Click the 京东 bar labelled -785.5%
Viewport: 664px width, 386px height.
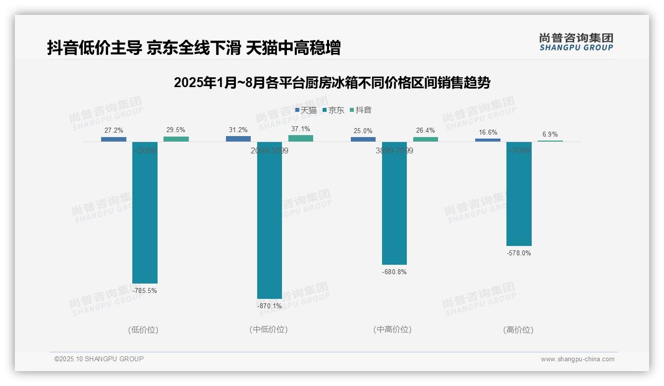point(145,212)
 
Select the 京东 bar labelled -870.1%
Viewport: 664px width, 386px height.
point(269,220)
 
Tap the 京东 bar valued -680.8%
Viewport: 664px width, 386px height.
point(394,203)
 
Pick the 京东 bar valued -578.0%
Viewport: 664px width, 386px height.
point(519,193)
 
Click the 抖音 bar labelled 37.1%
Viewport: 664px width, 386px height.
point(300,139)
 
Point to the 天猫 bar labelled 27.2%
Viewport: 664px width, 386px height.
point(113,139)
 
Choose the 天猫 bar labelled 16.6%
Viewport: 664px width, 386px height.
point(488,140)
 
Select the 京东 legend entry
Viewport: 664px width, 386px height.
point(333,110)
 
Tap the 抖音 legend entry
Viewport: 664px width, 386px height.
point(361,110)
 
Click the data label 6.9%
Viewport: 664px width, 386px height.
point(550,135)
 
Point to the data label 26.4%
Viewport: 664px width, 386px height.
point(425,131)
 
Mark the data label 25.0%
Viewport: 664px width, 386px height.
point(363,131)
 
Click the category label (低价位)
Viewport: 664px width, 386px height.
point(143,330)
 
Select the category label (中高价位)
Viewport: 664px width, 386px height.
point(392,330)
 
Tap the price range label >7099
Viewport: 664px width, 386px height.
point(519,150)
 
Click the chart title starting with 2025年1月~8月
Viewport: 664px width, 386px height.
point(332,83)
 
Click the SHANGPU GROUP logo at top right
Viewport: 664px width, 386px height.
point(576,42)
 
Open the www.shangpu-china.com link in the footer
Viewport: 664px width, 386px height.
point(577,359)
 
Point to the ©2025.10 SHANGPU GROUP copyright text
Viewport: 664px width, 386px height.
point(99,359)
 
